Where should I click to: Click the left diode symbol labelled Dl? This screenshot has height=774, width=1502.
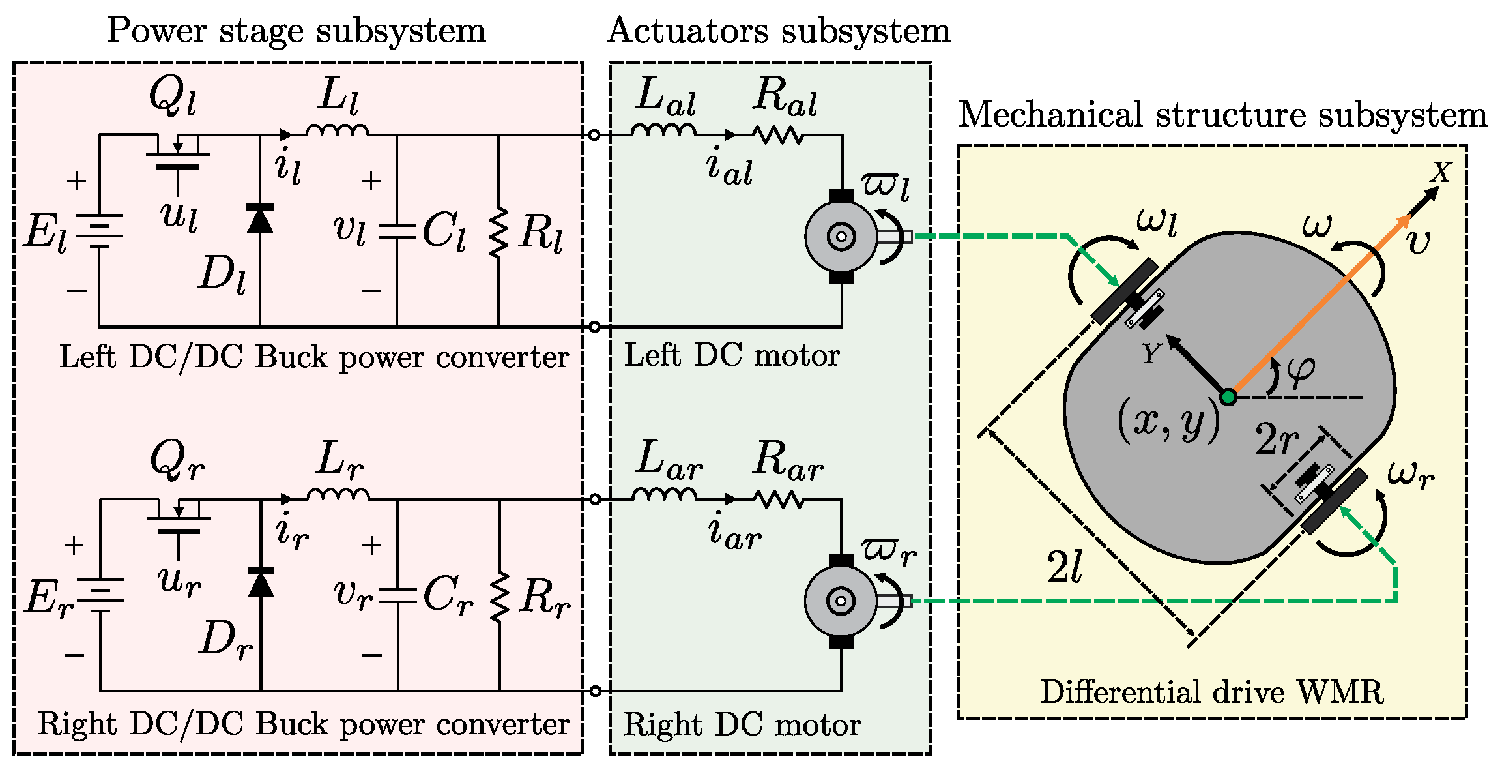coord(260,218)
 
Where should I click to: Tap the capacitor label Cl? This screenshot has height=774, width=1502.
coord(444,231)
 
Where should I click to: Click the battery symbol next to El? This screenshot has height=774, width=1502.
coord(100,231)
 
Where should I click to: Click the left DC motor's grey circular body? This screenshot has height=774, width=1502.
coord(841,237)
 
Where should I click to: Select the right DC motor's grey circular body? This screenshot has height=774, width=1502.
coord(841,601)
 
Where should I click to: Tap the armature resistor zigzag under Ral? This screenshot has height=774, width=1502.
coord(778,135)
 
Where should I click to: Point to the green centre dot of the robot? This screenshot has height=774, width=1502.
coord(1228,396)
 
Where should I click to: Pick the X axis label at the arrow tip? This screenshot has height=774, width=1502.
coord(1441,172)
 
